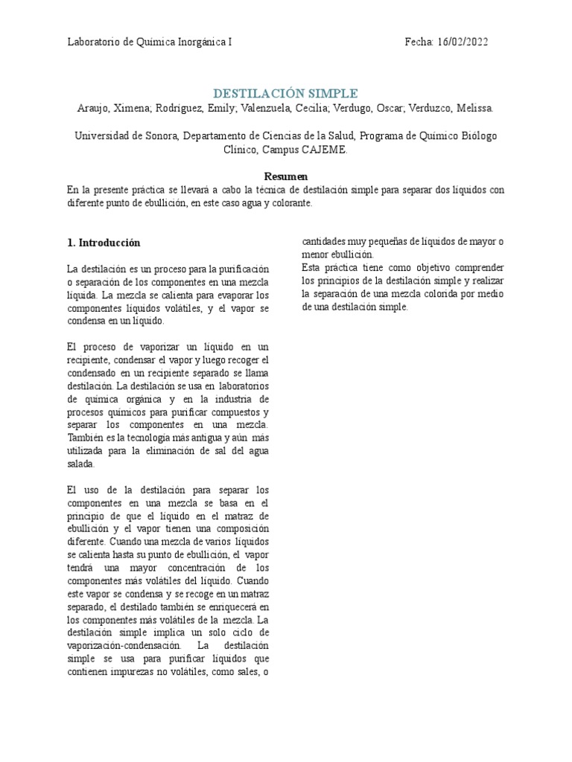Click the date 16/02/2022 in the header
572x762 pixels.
click(463, 42)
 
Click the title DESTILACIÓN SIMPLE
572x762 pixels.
click(285, 94)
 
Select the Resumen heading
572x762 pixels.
click(285, 176)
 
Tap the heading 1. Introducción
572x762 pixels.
click(104, 243)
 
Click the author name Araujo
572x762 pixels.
click(94, 109)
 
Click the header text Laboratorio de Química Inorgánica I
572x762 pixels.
click(150, 42)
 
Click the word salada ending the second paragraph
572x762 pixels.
click(80, 464)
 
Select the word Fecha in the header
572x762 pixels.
click(419, 42)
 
